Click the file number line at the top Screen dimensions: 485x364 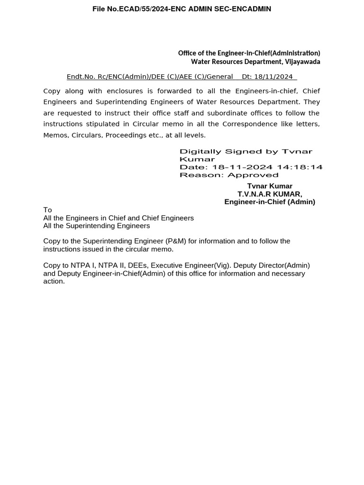click(182, 9)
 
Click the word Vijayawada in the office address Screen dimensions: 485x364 click(302, 62)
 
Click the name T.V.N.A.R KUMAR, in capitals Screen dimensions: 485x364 click(270, 194)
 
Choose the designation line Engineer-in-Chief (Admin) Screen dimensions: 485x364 click(270, 202)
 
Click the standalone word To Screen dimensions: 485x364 click(47, 210)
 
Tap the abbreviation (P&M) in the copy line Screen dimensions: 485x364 click(176, 241)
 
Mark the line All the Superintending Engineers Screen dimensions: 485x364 click(96, 226)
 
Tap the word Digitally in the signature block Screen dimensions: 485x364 click(200, 152)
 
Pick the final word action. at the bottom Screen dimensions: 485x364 click(54, 281)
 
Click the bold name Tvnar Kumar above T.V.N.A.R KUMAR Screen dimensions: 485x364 click(270, 186)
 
